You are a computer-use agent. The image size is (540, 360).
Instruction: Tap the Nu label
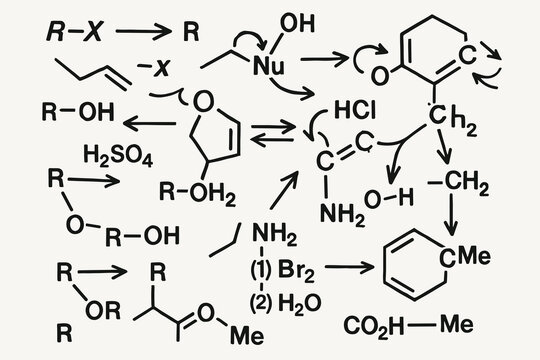(265, 68)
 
